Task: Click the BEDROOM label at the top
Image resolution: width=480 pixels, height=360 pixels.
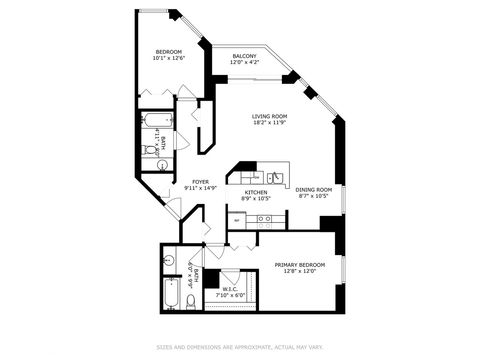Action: [168, 51]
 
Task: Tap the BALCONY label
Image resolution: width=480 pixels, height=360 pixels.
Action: [244, 56]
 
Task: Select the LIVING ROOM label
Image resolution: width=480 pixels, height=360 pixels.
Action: [269, 116]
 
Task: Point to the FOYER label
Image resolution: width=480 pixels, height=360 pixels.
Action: [200, 181]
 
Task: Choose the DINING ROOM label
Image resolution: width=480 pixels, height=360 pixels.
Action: [314, 189]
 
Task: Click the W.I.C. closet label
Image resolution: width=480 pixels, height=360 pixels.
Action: [229, 288]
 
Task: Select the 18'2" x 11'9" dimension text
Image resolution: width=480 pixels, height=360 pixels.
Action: [269, 123]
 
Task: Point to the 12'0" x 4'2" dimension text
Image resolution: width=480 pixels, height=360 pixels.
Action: [244, 63]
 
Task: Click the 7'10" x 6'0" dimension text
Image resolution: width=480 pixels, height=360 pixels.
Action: [230, 295]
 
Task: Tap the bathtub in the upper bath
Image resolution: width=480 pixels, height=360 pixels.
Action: [157, 125]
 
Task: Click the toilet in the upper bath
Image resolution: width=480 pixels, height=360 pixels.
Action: [149, 150]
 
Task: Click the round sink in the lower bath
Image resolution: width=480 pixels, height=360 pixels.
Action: [168, 263]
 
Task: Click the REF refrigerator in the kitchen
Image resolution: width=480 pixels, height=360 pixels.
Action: [237, 220]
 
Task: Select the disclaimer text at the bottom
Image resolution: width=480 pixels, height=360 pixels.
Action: [240, 348]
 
